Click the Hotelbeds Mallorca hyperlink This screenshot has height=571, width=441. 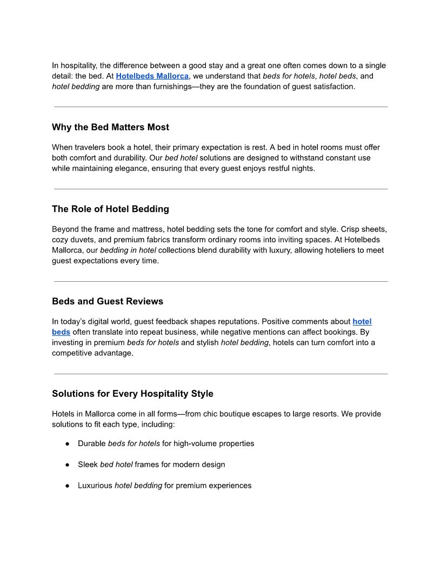point(152,76)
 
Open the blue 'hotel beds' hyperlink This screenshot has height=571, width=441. point(362,322)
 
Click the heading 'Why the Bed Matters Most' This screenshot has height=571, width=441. point(110,128)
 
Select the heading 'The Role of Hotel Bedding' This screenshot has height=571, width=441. point(110,209)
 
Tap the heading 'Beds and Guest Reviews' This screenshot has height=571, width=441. point(107,302)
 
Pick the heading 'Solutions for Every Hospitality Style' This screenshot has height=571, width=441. point(132,394)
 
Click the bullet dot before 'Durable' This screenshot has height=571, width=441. point(68,444)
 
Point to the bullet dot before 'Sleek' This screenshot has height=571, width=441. point(68,465)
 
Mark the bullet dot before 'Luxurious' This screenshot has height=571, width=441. point(68,486)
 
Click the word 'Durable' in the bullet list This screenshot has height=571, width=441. point(92,444)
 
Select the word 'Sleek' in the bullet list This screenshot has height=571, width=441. point(88,465)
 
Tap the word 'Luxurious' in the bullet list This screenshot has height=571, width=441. point(95,486)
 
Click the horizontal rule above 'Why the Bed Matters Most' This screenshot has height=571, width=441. point(220,107)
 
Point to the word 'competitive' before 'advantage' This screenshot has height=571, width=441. point(76,353)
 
